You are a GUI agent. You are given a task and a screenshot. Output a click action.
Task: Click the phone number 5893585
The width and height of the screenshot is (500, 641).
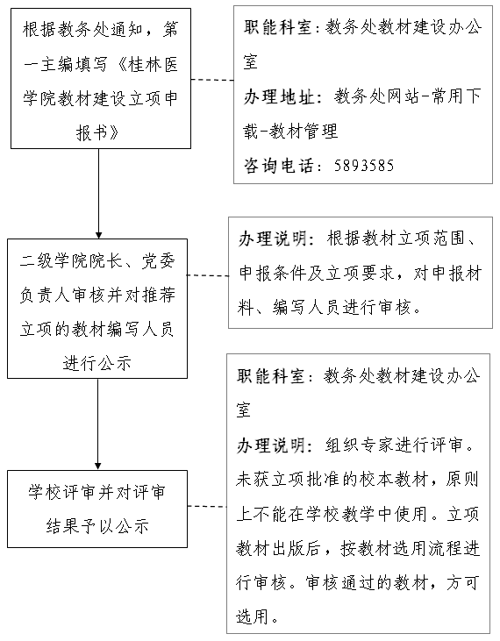point(364,166)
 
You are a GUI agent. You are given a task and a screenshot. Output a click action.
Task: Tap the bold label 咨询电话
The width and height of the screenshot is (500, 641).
point(278,166)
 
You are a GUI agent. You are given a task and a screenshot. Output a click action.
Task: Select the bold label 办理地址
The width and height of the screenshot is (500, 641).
point(279,96)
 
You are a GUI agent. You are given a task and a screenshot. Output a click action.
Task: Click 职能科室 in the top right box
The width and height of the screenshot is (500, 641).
point(278,27)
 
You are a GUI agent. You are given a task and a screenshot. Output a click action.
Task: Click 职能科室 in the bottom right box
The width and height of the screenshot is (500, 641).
point(271,376)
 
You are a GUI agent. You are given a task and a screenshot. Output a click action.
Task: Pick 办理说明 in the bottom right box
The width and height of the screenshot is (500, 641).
point(271,445)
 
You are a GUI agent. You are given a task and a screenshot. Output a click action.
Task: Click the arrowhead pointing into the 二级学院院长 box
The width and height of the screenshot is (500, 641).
point(98,236)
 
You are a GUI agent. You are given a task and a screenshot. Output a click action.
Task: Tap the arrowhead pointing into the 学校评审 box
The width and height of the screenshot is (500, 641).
point(97,466)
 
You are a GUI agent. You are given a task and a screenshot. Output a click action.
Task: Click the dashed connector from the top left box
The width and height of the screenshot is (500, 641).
point(212,80)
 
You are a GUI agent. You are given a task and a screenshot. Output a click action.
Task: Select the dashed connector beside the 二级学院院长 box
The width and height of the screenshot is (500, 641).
point(208,275)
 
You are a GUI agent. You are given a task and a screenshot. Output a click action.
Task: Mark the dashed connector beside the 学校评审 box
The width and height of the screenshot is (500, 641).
point(207,507)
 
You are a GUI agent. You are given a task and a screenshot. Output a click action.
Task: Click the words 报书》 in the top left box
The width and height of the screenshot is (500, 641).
point(97,132)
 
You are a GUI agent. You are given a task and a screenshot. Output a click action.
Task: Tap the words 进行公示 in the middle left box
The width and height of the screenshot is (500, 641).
point(97,363)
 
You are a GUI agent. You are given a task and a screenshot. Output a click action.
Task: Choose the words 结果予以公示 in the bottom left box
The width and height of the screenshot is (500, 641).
point(97,526)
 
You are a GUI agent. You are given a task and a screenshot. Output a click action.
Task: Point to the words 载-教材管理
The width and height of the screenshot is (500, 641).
point(290,132)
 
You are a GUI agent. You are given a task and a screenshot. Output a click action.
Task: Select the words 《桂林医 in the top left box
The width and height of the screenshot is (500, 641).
point(148,64)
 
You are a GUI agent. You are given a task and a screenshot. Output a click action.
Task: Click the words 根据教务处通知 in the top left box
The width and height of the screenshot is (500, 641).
point(82,30)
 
